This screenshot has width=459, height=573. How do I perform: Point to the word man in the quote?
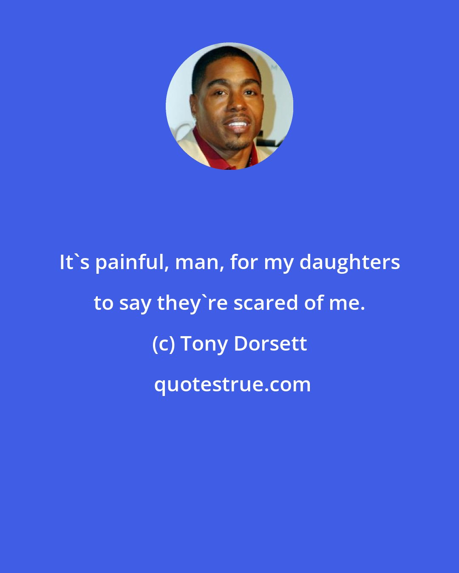(199, 263)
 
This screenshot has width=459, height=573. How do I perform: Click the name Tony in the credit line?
(204, 344)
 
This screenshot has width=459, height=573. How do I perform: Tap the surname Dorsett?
(270, 343)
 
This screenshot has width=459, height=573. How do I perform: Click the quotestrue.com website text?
(232, 385)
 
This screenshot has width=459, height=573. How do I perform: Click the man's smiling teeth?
(237, 125)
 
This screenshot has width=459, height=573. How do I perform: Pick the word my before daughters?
(278, 263)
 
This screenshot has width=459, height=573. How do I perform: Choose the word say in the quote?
(136, 303)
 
